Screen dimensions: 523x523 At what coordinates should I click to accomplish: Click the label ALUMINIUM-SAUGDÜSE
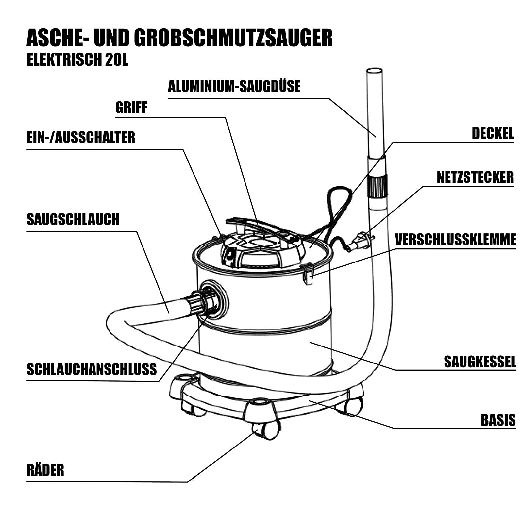click(234, 86)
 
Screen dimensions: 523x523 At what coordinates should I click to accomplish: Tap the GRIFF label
click(131, 108)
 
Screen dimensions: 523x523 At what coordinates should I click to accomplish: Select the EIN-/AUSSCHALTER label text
click(81, 137)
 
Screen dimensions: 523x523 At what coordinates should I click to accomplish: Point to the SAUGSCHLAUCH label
click(73, 219)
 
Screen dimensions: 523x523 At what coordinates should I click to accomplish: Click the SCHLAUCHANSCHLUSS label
click(92, 369)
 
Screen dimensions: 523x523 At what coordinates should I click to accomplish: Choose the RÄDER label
click(45, 470)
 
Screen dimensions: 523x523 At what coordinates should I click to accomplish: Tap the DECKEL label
click(493, 133)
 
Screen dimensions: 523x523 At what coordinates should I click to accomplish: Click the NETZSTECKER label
click(475, 177)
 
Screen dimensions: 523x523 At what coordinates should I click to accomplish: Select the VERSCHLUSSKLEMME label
click(455, 240)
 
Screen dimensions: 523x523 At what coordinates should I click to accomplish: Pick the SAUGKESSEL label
click(480, 362)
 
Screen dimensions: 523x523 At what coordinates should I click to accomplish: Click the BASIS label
click(498, 420)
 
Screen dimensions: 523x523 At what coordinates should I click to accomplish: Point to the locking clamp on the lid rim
click(308, 273)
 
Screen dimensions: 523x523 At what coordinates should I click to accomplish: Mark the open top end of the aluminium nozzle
click(374, 71)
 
